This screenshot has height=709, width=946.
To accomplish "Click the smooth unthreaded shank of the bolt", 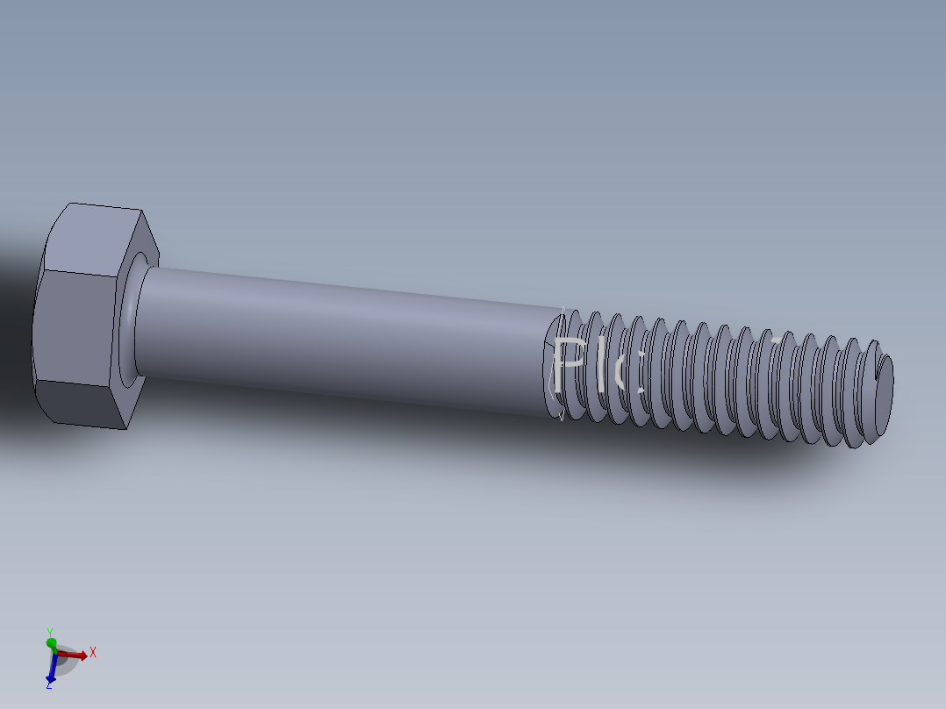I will pyautogui.click(x=342, y=338).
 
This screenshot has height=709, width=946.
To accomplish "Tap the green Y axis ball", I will pyautogui.click(x=51, y=644).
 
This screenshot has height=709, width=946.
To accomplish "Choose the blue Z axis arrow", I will pyautogui.click(x=51, y=670).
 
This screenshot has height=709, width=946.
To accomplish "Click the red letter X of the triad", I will pyautogui.click(x=92, y=653).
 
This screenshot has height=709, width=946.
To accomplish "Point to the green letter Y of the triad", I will pyautogui.click(x=50, y=632).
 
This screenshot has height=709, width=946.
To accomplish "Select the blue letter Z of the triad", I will pyautogui.click(x=49, y=684).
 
